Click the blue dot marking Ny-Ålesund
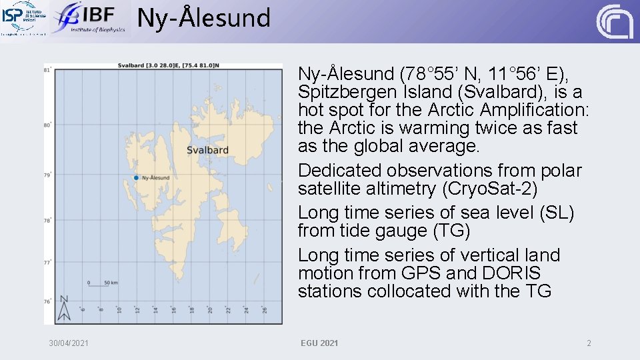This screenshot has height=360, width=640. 136,177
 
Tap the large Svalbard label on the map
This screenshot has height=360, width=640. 208,150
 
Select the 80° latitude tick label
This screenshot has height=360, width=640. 47,125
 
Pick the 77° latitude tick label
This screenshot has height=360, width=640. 47,263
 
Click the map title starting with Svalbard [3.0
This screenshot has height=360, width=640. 168,65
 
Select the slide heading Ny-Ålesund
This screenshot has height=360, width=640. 204,18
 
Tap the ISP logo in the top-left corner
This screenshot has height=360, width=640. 25,18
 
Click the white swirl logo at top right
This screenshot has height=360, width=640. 614,21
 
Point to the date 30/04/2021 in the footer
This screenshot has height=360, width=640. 69,343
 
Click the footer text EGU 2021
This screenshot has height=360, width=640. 319,343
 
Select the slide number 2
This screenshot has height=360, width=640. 589,343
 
